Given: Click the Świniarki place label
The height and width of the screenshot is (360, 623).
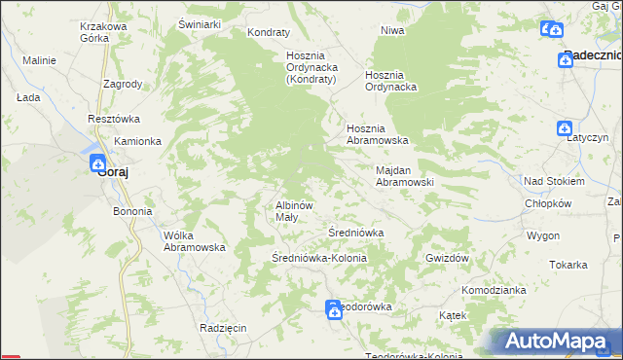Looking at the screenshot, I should pos(202,22).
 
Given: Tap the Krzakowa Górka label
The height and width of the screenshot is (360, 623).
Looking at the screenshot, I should pos(104,33).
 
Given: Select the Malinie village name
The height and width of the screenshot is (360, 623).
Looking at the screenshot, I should pos(39,60).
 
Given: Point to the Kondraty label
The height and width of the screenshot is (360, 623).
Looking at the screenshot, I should pos(269,32).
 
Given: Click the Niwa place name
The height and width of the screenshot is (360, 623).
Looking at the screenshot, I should pos(392,31).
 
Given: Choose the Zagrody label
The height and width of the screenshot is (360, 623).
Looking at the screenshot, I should pos(122,85).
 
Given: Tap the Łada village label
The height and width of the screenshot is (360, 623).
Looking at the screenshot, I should pos(27,98).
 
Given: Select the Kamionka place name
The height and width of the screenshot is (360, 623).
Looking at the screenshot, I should pos(137,141).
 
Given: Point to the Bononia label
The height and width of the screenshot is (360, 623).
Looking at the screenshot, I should pos(132,211).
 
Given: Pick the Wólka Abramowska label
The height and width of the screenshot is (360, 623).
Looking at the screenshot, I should pos(195,241).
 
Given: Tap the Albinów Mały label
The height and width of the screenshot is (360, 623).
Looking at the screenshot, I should pos(293,211).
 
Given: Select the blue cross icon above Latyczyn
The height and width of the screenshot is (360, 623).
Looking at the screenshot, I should pos(565,128).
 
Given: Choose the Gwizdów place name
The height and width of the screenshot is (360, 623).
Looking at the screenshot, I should pos(448,258).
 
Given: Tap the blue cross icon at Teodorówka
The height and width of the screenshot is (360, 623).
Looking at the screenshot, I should pos(333,309).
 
